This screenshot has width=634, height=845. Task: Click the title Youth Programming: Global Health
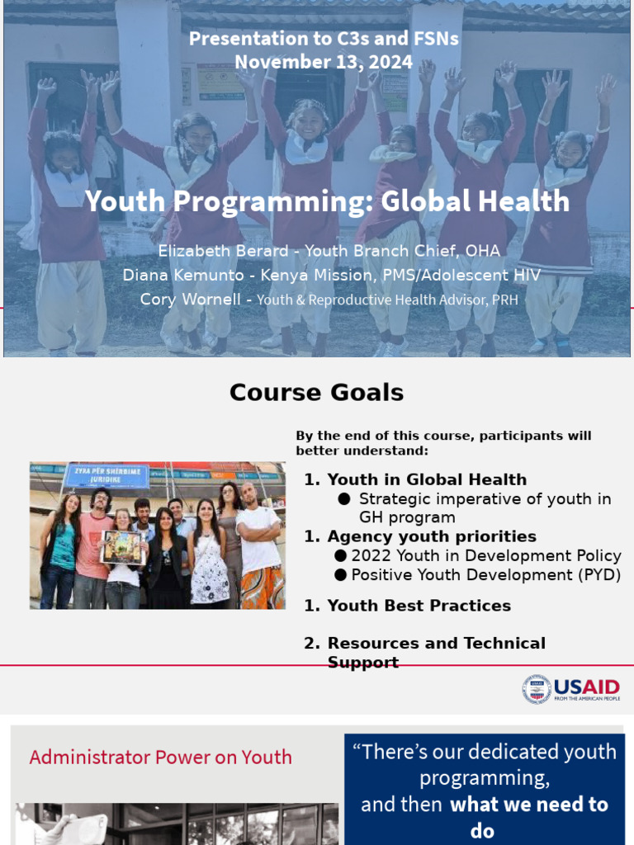328,201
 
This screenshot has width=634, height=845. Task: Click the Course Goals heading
317,393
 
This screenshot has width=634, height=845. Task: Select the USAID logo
570,689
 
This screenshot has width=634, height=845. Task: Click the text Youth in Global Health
427,479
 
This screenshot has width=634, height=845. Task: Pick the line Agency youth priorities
432,536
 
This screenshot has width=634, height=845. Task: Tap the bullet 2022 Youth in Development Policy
485,556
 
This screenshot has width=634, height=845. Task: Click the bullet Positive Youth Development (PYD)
485,575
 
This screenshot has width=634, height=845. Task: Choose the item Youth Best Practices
419,606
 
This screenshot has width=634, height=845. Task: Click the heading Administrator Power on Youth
160,757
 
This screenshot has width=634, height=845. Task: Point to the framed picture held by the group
122,546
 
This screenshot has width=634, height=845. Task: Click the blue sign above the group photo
107,476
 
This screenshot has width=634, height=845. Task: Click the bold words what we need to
528,805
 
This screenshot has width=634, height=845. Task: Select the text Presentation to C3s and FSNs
324,38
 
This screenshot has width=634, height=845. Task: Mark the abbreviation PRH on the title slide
504,300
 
